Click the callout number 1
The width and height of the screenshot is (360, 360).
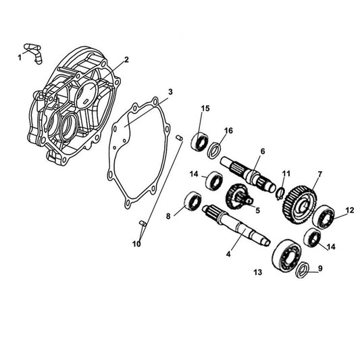click(20, 57)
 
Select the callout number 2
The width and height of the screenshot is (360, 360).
click(126, 59)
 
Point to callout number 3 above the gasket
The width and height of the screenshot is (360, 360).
click(170, 92)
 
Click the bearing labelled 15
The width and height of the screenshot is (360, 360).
click(201, 141)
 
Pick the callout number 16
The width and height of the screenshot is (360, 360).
click(229, 130)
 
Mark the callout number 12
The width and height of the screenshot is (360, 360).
click(349, 210)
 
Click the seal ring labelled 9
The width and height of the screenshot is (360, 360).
click(303, 269)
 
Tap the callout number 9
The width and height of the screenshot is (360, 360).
click(320, 268)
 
